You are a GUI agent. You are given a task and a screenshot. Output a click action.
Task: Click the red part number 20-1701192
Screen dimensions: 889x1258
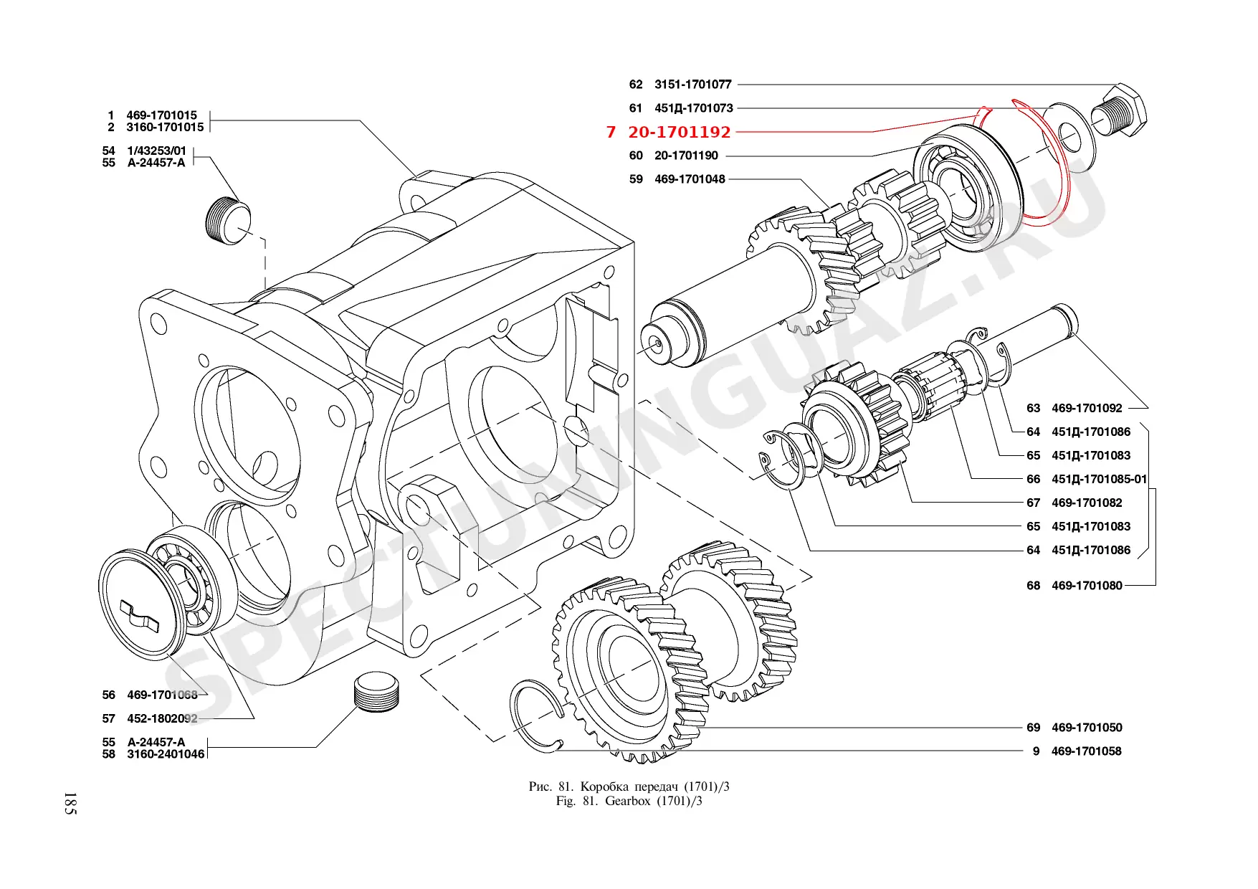click(x=679, y=132)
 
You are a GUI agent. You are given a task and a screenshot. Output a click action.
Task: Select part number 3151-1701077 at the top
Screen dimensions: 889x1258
click(x=692, y=85)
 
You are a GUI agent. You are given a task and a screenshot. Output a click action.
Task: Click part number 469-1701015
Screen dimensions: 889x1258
click(x=161, y=115)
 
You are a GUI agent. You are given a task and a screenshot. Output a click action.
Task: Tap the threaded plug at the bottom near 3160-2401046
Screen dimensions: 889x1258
click(x=378, y=693)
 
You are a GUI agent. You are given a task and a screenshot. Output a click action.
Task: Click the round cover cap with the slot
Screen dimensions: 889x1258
click(x=140, y=607)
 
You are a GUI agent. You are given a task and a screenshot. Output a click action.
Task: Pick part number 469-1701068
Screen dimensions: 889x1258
click(x=162, y=695)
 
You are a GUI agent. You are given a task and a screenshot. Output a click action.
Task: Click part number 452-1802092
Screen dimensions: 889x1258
click(x=162, y=718)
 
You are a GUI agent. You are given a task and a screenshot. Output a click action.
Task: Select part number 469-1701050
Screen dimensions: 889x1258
click(x=1087, y=727)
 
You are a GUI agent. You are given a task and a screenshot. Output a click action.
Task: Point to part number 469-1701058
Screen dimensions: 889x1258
click(x=1086, y=751)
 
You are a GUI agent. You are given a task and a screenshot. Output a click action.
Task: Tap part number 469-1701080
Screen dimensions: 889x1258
click(x=1087, y=586)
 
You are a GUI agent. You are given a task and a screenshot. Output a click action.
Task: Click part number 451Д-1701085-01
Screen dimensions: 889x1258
click(x=1099, y=479)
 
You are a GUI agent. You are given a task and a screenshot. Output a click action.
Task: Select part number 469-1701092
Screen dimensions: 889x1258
click(x=1087, y=408)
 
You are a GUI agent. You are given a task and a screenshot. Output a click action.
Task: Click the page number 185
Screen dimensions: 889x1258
click(x=70, y=804)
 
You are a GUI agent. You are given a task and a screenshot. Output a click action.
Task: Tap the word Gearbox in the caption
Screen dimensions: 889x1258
click(x=627, y=801)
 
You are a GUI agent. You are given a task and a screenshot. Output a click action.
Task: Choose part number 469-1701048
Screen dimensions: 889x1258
click(x=690, y=179)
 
